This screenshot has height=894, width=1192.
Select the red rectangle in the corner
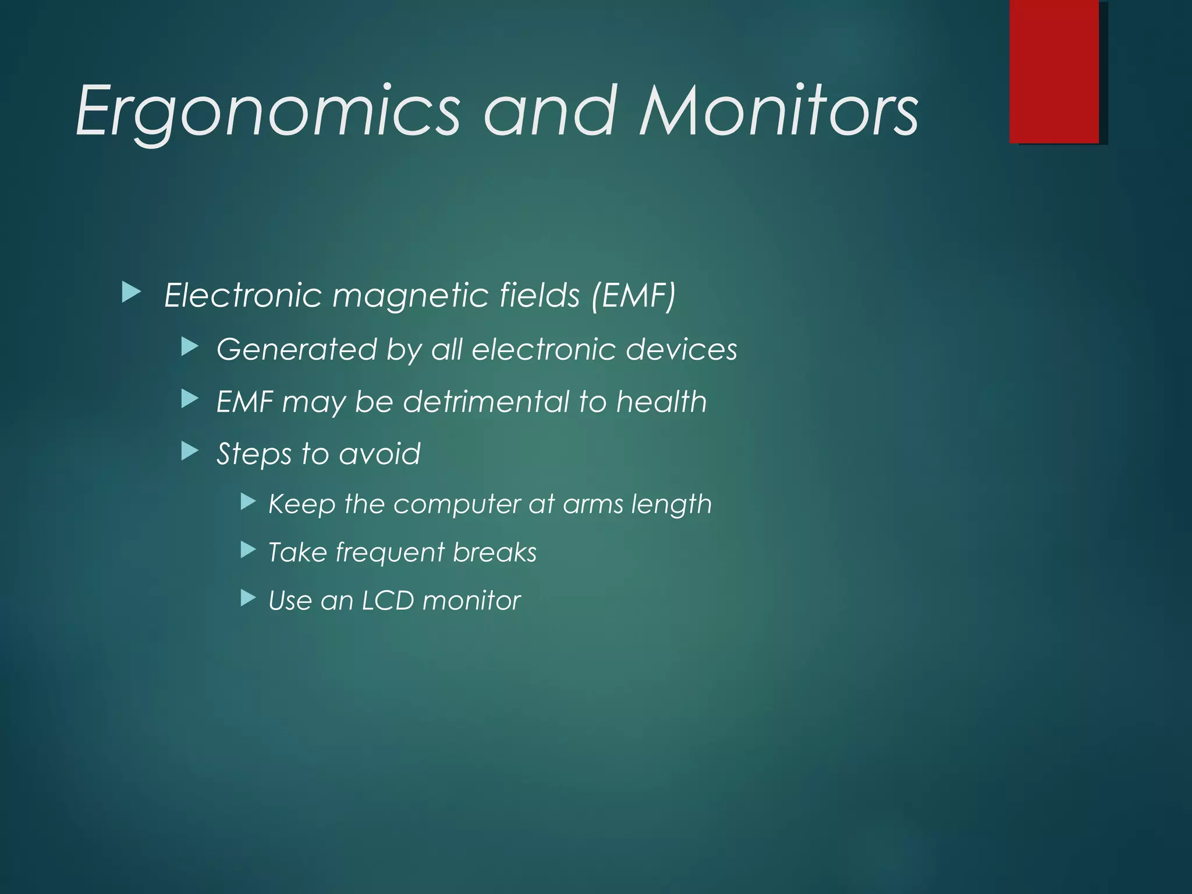[x=1054, y=71]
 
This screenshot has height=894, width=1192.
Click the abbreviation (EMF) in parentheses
[x=633, y=295]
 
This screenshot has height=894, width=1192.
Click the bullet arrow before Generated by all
[x=190, y=347]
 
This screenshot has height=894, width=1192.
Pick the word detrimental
[x=487, y=402]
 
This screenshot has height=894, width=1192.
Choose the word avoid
[x=379, y=453]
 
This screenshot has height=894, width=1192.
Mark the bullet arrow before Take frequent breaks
[x=249, y=549]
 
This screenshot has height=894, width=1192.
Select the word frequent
[x=389, y=553]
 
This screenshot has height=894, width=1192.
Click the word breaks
[x=495, y=552]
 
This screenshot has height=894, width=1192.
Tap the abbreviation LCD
[x=388, y=601]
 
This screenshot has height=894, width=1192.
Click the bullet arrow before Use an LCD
[x=249, y=598]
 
